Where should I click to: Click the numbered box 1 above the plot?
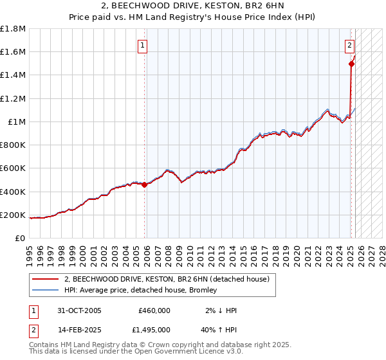[x=142, y=45]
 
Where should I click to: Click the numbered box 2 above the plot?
[x=349, y=45]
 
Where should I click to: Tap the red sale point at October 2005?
[x=144, y=184]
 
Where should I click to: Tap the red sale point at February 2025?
[x=351, y=64]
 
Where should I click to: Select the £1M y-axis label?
[x=16, y=122]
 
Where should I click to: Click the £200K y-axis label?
[x=14, y=215]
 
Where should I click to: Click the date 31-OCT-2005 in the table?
[x=79, y=310]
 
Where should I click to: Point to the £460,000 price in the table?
[x=154, y=310]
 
